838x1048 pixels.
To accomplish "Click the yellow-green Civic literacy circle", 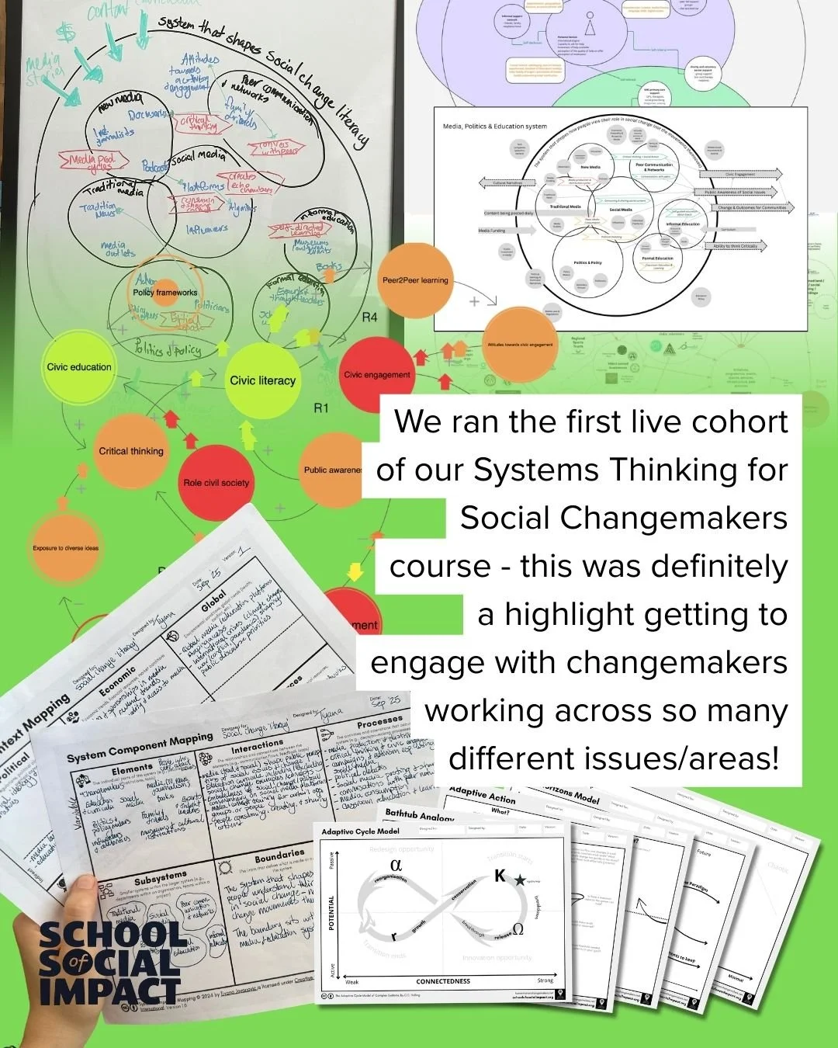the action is (262, 380).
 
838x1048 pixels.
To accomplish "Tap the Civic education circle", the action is (78, 367).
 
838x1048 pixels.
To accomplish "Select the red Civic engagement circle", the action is (376, 374).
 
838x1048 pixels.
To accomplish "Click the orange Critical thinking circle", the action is (130, 451).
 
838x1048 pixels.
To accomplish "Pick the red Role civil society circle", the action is (216, 482).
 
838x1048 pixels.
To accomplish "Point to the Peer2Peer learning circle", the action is (414, 280).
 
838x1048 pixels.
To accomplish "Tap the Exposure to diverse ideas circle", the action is (66, 548).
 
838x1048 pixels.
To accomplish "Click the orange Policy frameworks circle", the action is (164, 293).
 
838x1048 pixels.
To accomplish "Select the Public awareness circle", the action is (333, 470).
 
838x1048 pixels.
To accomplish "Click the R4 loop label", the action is (369, 318).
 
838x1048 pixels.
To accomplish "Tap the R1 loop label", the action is (321, 408).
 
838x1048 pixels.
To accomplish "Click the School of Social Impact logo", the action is (109, 963).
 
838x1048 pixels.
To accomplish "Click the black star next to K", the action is (519, 879).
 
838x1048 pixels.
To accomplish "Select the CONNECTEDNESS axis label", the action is (443, 981).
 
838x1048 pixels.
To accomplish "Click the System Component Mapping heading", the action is (140, 748).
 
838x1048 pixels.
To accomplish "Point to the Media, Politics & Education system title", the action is (494, 126).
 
